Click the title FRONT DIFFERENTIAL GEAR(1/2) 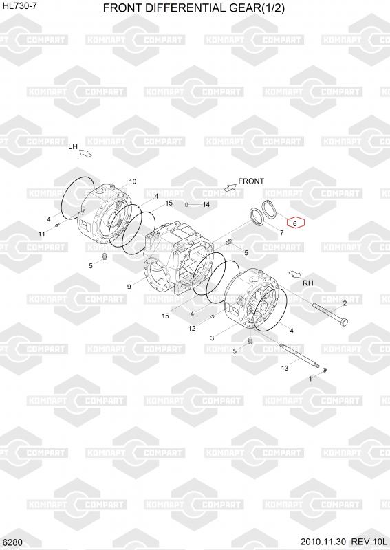(x=194, y=8)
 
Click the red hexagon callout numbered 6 (x=296, y=223)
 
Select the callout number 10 (x=133, y=181)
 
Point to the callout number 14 (x=206, y=204)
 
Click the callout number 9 (x=129, y=287)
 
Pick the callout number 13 (x=285, y=368)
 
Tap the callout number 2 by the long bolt (x=345, y=303)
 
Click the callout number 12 (x=192, y=329)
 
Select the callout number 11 (x=41, y=234)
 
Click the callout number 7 (x=281, y=233)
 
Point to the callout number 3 (x=212, y=338)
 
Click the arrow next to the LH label (x=86, y=153)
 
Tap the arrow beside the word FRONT (x=230, y=187)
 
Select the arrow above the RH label (x=295, y=274)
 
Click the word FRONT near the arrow (x=251, y=181)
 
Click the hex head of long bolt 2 (x=345, y=322)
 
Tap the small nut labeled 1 (x=325, y=370)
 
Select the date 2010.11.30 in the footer (x=323, y=542)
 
